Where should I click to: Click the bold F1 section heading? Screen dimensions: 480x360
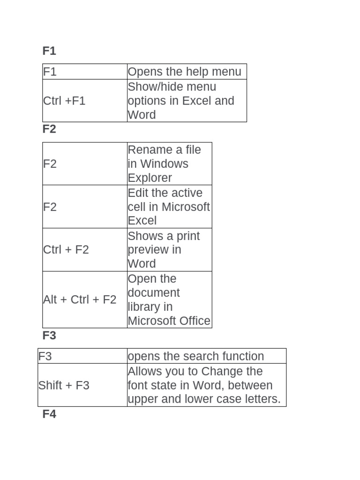pos(49,51)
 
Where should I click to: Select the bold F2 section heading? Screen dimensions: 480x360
pos(49,129)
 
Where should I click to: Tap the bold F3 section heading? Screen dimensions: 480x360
pos(49,335)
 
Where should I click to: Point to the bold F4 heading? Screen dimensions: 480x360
pos(49,414)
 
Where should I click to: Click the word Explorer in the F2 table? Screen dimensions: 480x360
pos(150,178)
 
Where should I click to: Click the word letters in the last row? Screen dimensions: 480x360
pos(263,399)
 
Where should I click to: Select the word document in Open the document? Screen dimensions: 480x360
pos(153,292)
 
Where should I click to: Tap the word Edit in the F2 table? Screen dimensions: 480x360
pos(138,193)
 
